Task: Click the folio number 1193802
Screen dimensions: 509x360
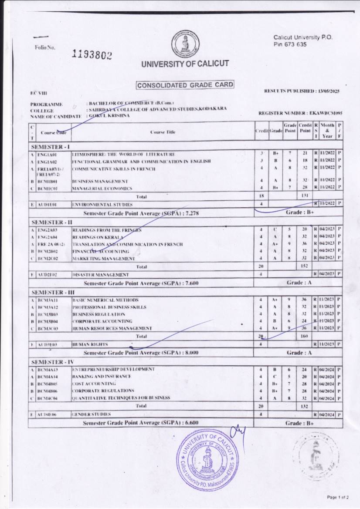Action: (x=92, y=54)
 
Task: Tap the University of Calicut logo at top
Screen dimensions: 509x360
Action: (x=186, y=44)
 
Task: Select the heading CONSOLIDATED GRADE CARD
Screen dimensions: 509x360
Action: (x=185, y=85)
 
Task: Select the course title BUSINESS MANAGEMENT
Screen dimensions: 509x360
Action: (x=100, y=181)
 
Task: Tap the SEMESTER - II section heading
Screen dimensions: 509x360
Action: (x=51, y=222)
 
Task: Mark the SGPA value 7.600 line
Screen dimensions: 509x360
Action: (x=141, y=283)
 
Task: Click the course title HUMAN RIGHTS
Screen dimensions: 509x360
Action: (x=90, y=344)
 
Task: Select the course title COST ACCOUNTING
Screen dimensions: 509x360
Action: (x=94, y=384)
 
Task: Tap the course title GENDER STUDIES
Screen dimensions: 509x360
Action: (x=91, y=414)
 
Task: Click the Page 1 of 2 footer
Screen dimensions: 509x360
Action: (x=337, y=497)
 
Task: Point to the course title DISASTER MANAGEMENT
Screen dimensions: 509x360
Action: (x=100, y=275)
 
